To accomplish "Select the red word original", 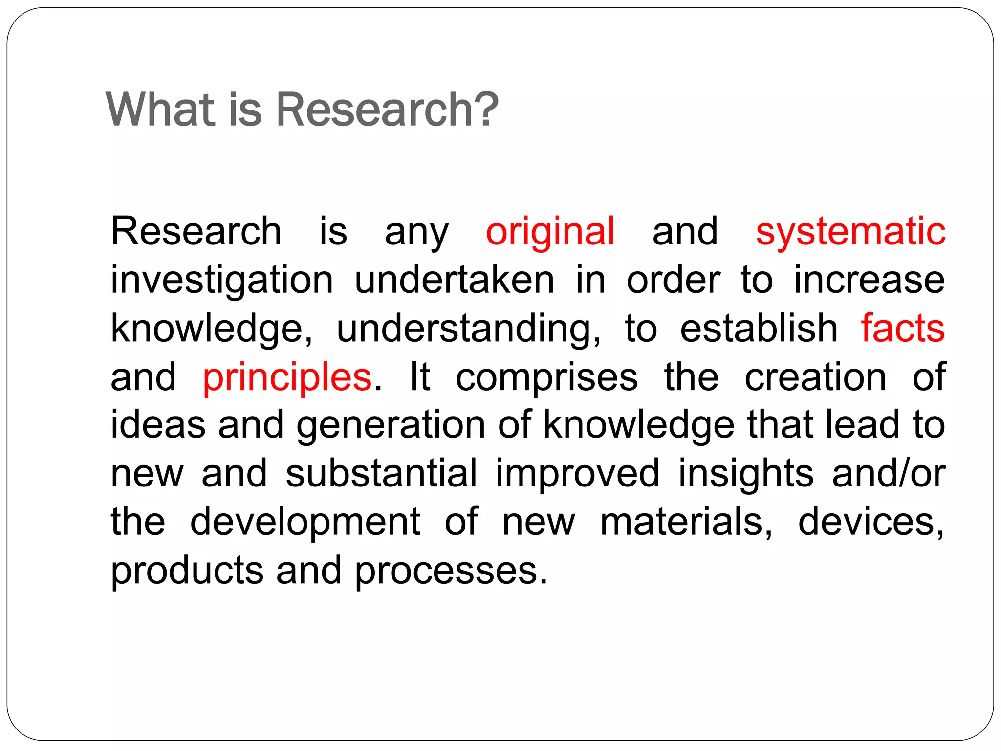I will click(x=550, y=231).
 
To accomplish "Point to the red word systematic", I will click(x=850, y=231).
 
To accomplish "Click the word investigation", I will click(x=222, y=280).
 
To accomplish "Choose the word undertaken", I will click(x=455, y=280).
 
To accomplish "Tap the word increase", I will click(x=869, y=280).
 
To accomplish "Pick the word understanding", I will click(x=468, y=329).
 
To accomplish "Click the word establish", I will click(x=759, y=328).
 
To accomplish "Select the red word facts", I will click(x=902, y=328).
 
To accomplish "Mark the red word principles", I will click(x=287, y=377).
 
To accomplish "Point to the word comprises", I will click(x=546, y=377).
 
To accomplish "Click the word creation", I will click(x=815, y=377).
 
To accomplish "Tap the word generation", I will click(x=391, y=425).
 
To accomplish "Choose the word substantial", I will click(x=381, y=473).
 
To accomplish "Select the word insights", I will click(x=745, y=473).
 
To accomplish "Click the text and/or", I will click(x=889, y=473).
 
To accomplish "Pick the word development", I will click(x=305, y=522).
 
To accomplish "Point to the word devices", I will click(x=871, y=522).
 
